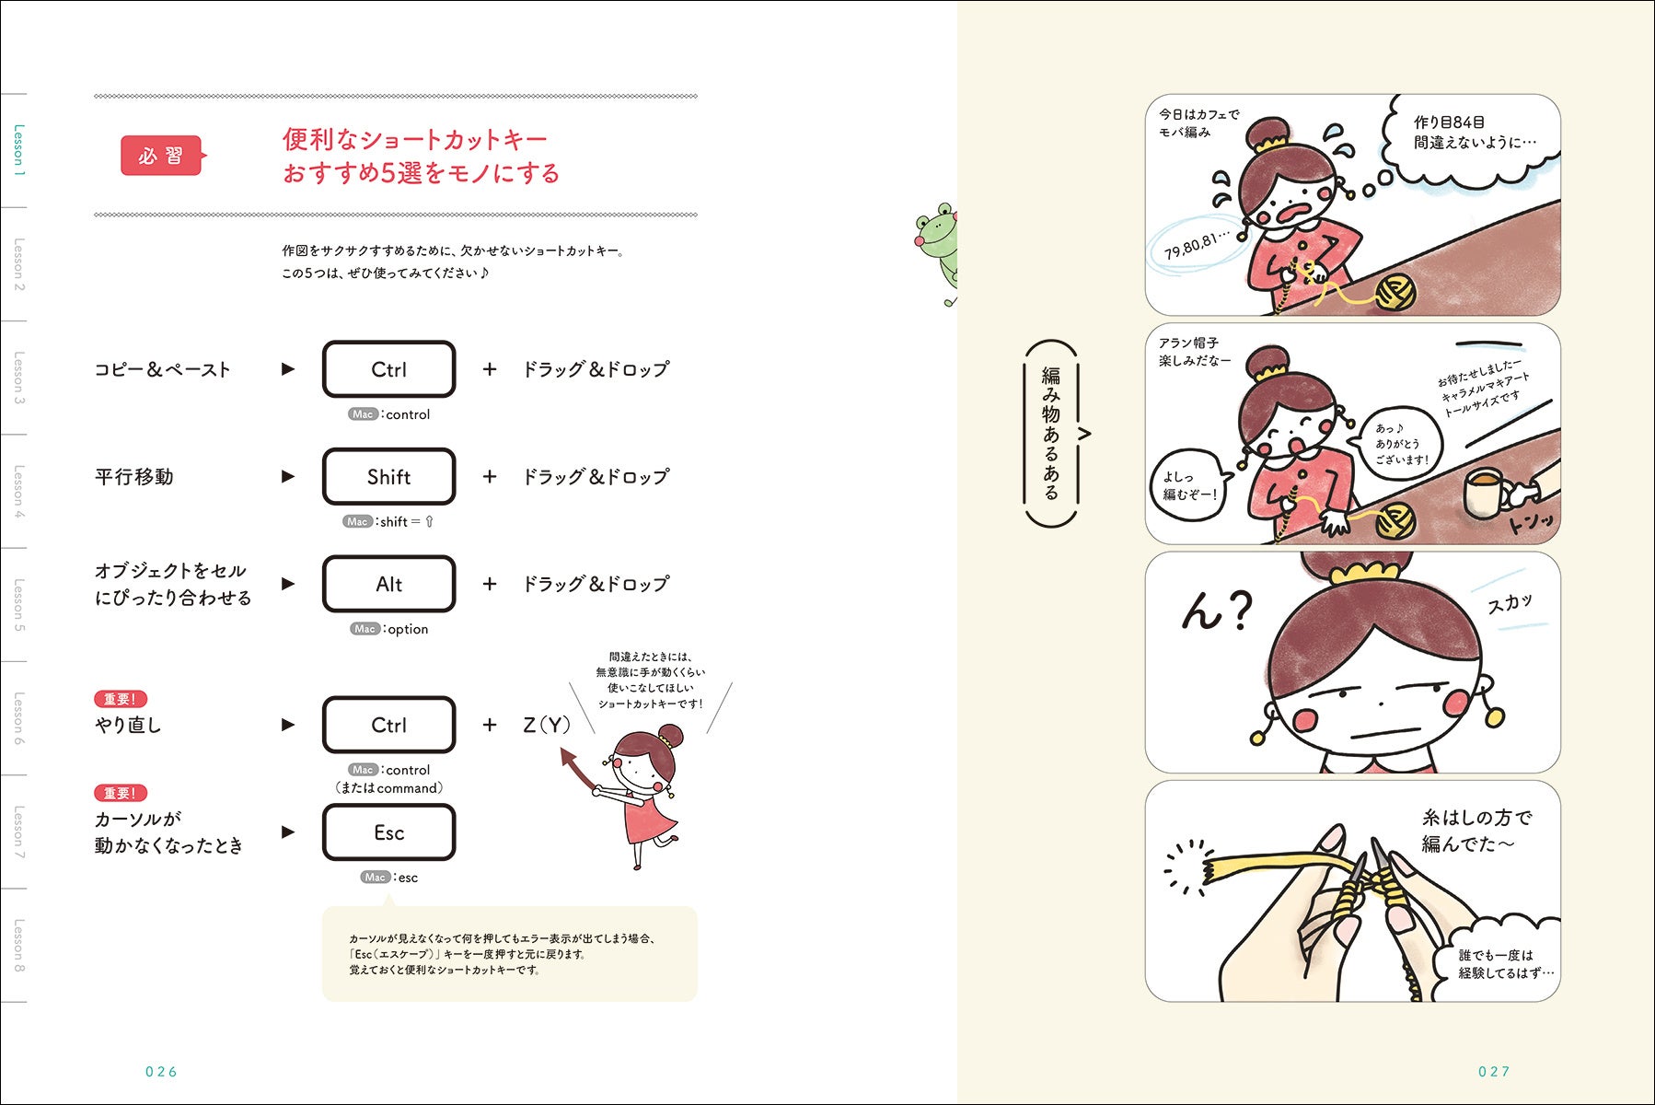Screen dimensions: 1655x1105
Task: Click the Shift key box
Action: [x=388, y=476]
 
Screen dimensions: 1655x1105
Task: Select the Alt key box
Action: [x=388, y=584]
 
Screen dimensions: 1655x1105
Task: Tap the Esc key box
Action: [x=388, y=832]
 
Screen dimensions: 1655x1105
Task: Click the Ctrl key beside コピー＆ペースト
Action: [x=388, y=369]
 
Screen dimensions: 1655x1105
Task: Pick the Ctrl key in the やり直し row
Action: [x=388, y=725]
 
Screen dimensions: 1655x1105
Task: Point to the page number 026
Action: [x=161, y=1071]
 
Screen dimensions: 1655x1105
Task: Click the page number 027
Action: [x=1494, y=1071]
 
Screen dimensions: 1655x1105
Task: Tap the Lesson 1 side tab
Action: [x=18, y=150]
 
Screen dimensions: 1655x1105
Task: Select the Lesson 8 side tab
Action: [x=18, y=946]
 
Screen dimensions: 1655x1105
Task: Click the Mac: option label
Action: [x=389, y=629]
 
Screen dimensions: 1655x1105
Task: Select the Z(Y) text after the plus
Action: [x=547, y=725]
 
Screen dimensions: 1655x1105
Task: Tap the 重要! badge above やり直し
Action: [x=121, y=699]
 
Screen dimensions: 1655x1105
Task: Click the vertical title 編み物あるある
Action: [x=1050, y=433]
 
